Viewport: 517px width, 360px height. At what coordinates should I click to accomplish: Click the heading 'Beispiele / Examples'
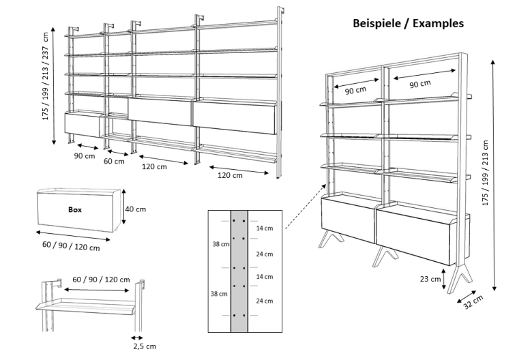pyautogui.click(x=408, y=23)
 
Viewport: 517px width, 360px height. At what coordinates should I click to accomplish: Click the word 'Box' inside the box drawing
pyautogui.click(x=75, y=210)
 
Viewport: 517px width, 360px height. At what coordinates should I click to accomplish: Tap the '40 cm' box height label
pyautogui.click(x=135, y=209)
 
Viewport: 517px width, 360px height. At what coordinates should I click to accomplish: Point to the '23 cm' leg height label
pyautogui.click(x=431, y=279)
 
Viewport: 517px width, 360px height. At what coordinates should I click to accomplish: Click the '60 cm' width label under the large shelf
pyautogui.click(x=114, y=162)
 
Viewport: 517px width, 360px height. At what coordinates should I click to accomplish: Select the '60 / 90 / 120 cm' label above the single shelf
pyautogui.click(x=101, y=280)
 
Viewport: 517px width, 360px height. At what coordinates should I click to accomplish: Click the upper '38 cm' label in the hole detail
pyautogui.click(x=220, y=244)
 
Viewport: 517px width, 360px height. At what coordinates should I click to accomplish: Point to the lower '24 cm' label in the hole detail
pyautogui.click(x=265, y=301)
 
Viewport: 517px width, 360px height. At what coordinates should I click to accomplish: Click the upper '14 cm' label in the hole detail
pyautogui.click(x=265, y=229)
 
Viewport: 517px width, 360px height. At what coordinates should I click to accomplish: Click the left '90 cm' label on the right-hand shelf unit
pyautogui.click(x=354, y=90)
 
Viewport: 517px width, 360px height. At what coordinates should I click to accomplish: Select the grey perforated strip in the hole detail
pyautogui.click(x=239, y=273)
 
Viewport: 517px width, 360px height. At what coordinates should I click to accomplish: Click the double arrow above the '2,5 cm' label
pyautogui.click(x=138, y=337)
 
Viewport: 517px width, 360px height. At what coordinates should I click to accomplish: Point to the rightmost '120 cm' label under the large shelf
pyautogui.click(x=230, y=175)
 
